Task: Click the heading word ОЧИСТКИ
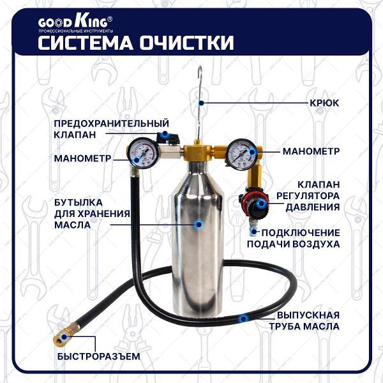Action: tap(187, 43)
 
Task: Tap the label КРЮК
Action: tap(324, 103)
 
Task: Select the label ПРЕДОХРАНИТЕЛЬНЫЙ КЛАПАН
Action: tap(111, 129)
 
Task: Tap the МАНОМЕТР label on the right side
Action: tap(311, 151)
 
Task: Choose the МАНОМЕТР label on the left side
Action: tap(82, 158)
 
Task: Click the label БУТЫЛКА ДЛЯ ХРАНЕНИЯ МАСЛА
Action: tap(92, 214)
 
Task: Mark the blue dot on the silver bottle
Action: tap(199, 224)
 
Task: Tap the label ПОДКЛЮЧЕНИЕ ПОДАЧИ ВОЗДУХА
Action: tap(293, 238)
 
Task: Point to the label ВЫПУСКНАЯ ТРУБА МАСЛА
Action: tap(304, 320)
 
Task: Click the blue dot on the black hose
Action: tap(243, 319)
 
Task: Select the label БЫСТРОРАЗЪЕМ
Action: tap(99, 356)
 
